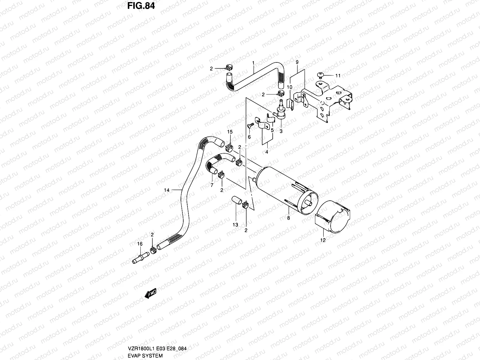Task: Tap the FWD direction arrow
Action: (x=151, y=294)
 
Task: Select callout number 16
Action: (x=140, y=244)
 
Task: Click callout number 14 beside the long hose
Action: (x=167, y=190)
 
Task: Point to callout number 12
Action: (x=323, y=240)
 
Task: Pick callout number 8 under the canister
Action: (x=289, y=218)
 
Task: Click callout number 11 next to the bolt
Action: (x=338, y=76)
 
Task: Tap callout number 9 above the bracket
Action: (x=297, y=62)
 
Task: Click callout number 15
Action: (x=230, y=132)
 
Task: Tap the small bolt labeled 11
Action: (x=320, y=75)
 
